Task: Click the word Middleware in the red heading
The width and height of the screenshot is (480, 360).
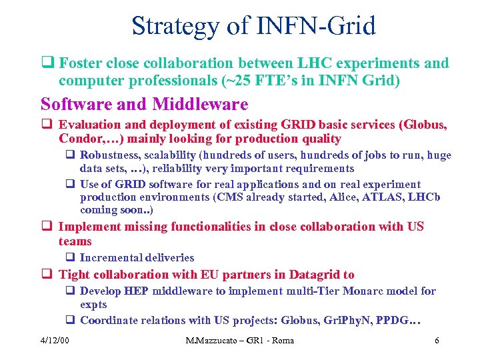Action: tap(200, 105)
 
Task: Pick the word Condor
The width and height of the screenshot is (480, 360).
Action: tap(79, 139)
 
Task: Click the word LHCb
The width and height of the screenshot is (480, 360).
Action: tap(428, 197)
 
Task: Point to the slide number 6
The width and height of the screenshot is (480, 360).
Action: tap(436, 341)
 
